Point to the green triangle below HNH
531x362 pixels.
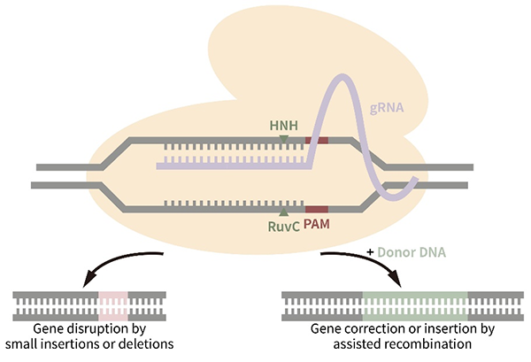coord(283,137)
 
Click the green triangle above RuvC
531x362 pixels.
coord(283,212)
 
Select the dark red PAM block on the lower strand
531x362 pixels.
coord(317,207)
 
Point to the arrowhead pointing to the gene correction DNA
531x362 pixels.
coord(396,285)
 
